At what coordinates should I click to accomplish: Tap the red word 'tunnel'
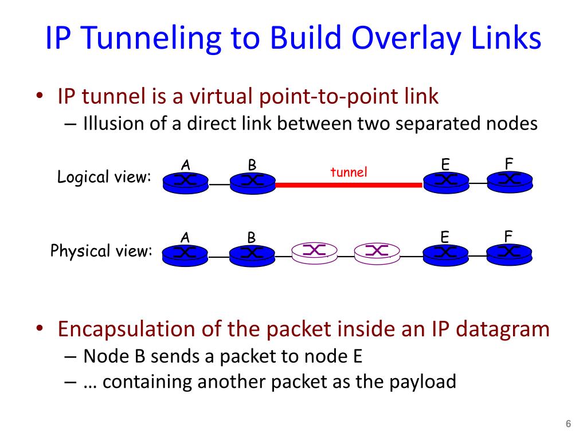[x=349, y=172]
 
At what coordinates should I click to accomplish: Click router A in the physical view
[x=186, y=254]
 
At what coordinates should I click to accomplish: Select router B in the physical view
[x=252, y=254]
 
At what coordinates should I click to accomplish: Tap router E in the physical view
[x=445, y=254]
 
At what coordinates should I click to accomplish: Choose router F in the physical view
[x=509, y=253]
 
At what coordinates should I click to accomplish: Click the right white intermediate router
[x=377, y=252]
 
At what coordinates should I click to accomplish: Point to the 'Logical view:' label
[x=104, y=178]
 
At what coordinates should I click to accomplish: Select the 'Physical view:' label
[x=101, y=251]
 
